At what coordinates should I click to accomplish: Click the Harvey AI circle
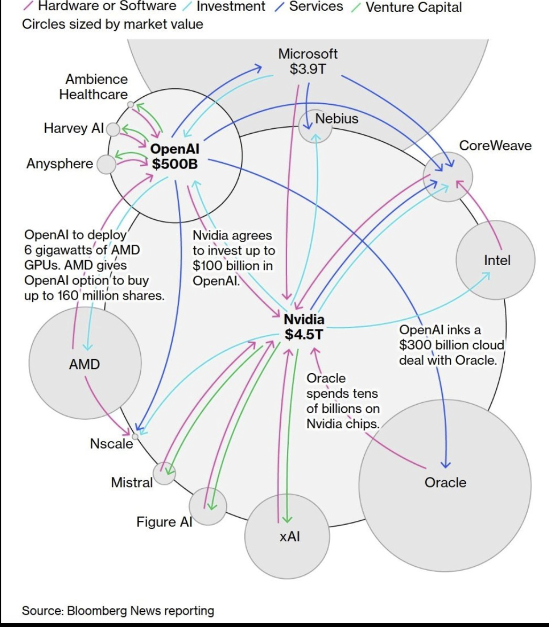click(113, 129)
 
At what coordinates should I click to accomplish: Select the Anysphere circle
click(106, 165)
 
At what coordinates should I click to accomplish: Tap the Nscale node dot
click(135, 436)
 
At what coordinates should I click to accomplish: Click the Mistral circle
click(164, 474)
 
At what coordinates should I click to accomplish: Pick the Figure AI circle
click(208, 506)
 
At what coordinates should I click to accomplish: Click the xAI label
click(290, 536)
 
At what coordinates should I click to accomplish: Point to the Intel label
click(497, 260)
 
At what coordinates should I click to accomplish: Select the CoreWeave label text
click(495, 146)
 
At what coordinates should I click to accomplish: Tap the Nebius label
click(337, 119)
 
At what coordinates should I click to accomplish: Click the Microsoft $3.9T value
click(308, 69)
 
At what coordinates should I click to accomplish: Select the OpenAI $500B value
click(175, 164)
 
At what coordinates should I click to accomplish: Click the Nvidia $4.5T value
click(304, 334)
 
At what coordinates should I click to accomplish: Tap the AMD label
click(84, 364)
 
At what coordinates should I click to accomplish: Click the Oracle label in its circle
click(445, 482)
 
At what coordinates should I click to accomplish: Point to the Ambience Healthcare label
click(94, 87)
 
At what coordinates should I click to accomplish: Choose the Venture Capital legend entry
click(413, 7)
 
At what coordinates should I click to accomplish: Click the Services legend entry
click(316, 7)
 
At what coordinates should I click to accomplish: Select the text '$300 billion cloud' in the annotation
click(451, 345)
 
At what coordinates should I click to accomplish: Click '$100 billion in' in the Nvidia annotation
click(232, 266)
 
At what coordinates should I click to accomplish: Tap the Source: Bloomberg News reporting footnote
click(118, 610)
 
